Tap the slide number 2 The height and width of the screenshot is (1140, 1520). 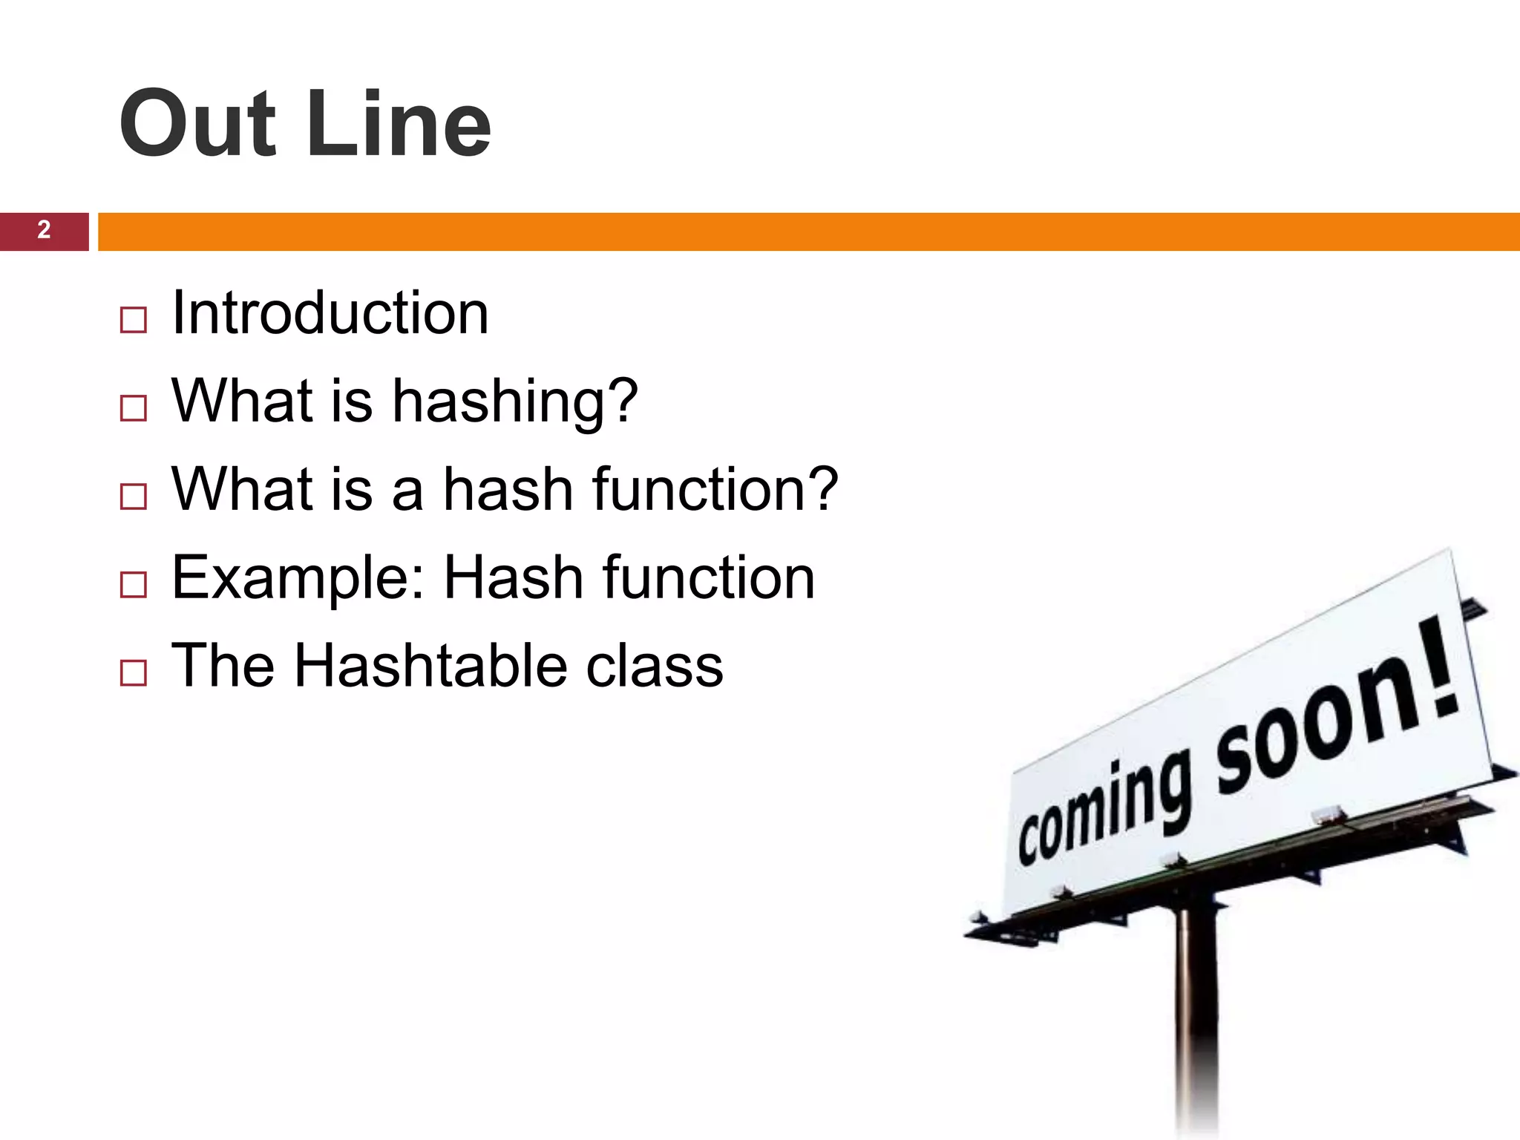click(44, 231)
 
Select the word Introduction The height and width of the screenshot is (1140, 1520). click(330, 313)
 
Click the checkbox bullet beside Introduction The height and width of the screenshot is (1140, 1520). click(133, 321)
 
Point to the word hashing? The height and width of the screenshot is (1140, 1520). click(514, 402)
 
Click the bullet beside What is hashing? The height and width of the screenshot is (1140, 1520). click(133, 409)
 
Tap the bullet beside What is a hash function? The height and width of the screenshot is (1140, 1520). click(133, 497)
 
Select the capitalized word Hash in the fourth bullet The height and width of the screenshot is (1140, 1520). click(513, 577)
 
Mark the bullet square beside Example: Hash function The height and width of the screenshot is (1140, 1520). click(133, 586)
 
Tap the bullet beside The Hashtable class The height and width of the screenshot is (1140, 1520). click(133, 673)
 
